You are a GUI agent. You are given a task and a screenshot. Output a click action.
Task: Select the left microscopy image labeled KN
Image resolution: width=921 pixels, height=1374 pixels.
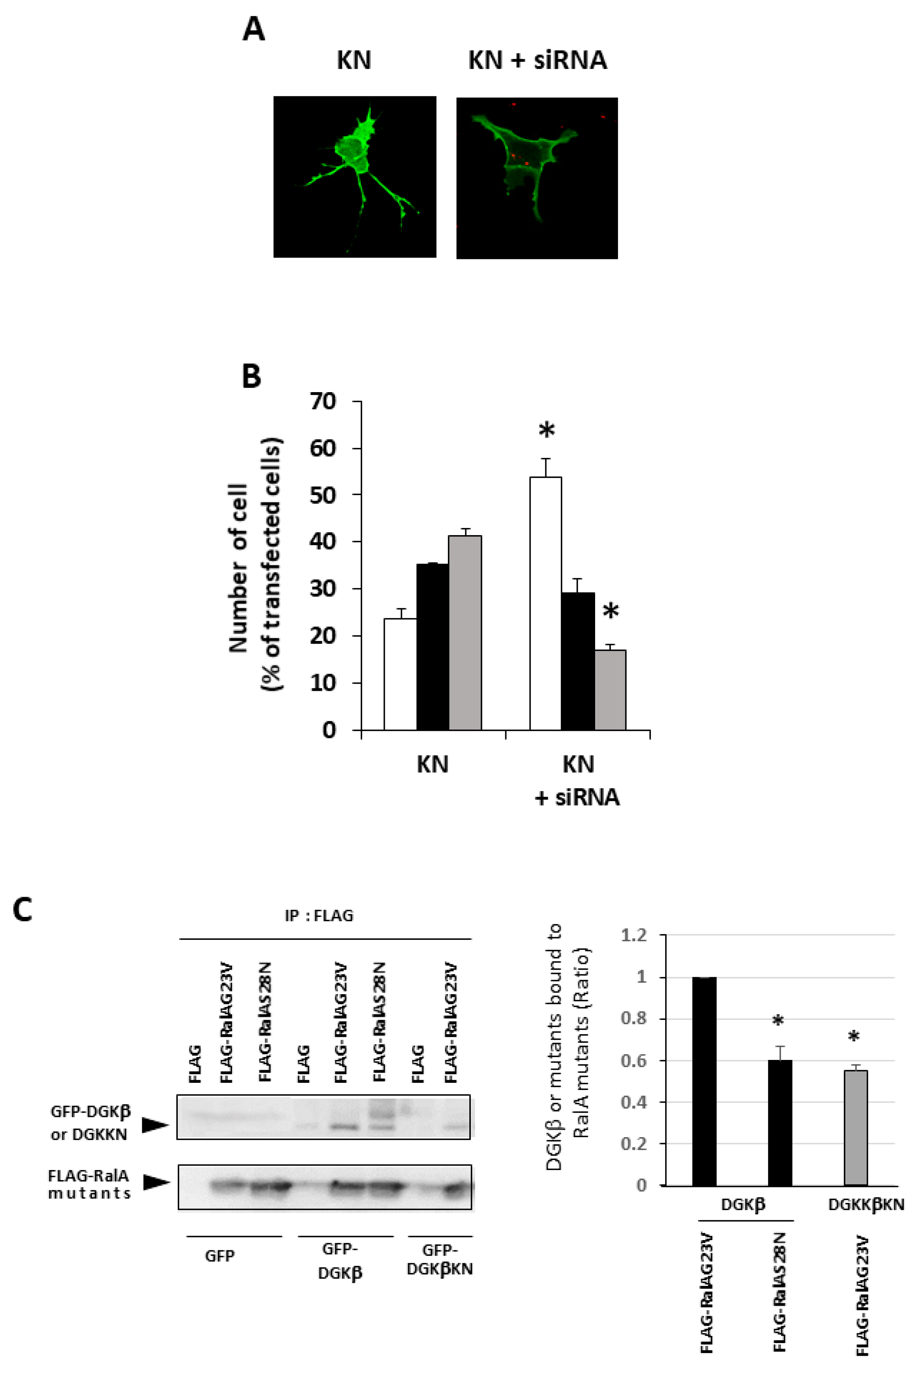(x=355, y=176)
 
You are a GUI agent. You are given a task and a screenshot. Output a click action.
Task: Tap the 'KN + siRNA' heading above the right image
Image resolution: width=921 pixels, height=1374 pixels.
(x=537, y=61)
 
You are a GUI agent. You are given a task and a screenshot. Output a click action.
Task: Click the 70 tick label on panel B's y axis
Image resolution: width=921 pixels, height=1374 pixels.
(x=322, y=402)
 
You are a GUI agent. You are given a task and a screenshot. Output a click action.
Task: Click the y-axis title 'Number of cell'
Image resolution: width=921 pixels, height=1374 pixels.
(x=238, y=568)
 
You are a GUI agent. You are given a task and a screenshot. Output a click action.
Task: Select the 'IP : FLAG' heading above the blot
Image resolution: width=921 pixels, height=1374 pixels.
(x=319, y=916)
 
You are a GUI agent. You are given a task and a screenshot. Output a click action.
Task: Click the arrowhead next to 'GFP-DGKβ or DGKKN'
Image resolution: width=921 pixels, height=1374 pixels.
(x=156, y=1124)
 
